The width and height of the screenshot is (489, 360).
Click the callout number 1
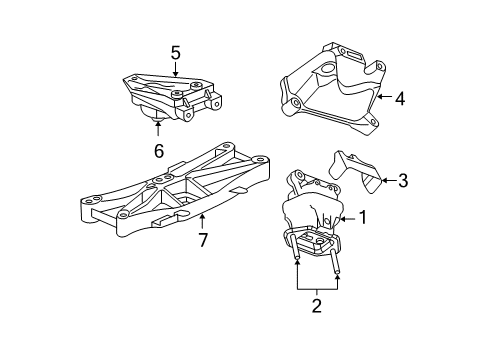tap(364, 217)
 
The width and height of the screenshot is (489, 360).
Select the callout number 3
tap(403, 181)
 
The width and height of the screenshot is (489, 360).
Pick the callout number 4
tap(399, 98)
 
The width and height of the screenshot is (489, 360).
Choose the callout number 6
tap(158, 152)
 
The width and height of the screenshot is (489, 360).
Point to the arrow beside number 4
tap(381, 98)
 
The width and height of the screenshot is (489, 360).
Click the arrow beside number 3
tap(385, 181)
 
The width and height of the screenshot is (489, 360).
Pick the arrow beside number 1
tap(346, 217)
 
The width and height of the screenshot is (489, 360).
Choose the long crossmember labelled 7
tap(170, 195)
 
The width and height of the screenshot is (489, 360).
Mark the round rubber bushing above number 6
tap(157, 122)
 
